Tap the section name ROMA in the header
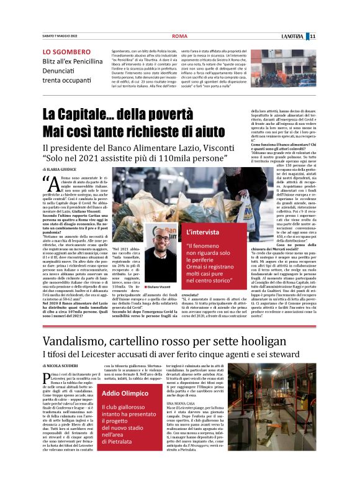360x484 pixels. tap(179, 36)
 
